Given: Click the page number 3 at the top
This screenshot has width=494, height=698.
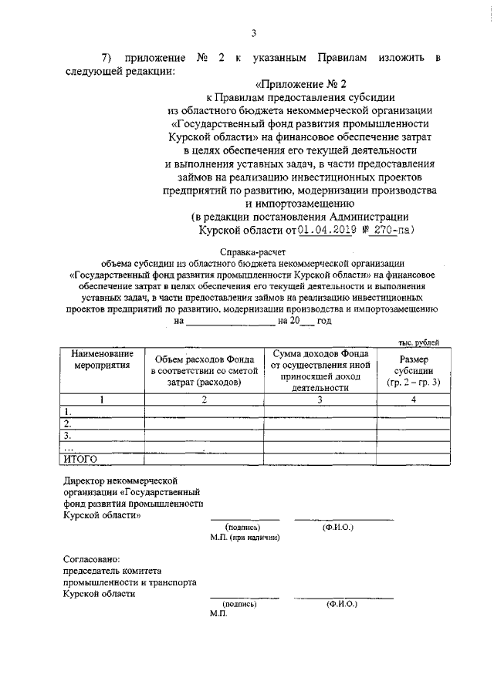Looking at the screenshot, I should point(252,32).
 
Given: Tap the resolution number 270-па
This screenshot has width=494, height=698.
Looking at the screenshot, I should point(391,229).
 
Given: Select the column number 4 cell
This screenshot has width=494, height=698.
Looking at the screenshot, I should point(414,399).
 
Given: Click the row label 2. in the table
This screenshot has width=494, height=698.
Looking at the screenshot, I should point(69,423).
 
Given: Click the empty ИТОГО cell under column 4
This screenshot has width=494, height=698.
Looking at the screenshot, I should point(414,459).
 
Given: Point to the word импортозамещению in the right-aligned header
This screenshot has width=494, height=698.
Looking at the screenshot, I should point(299,204).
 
